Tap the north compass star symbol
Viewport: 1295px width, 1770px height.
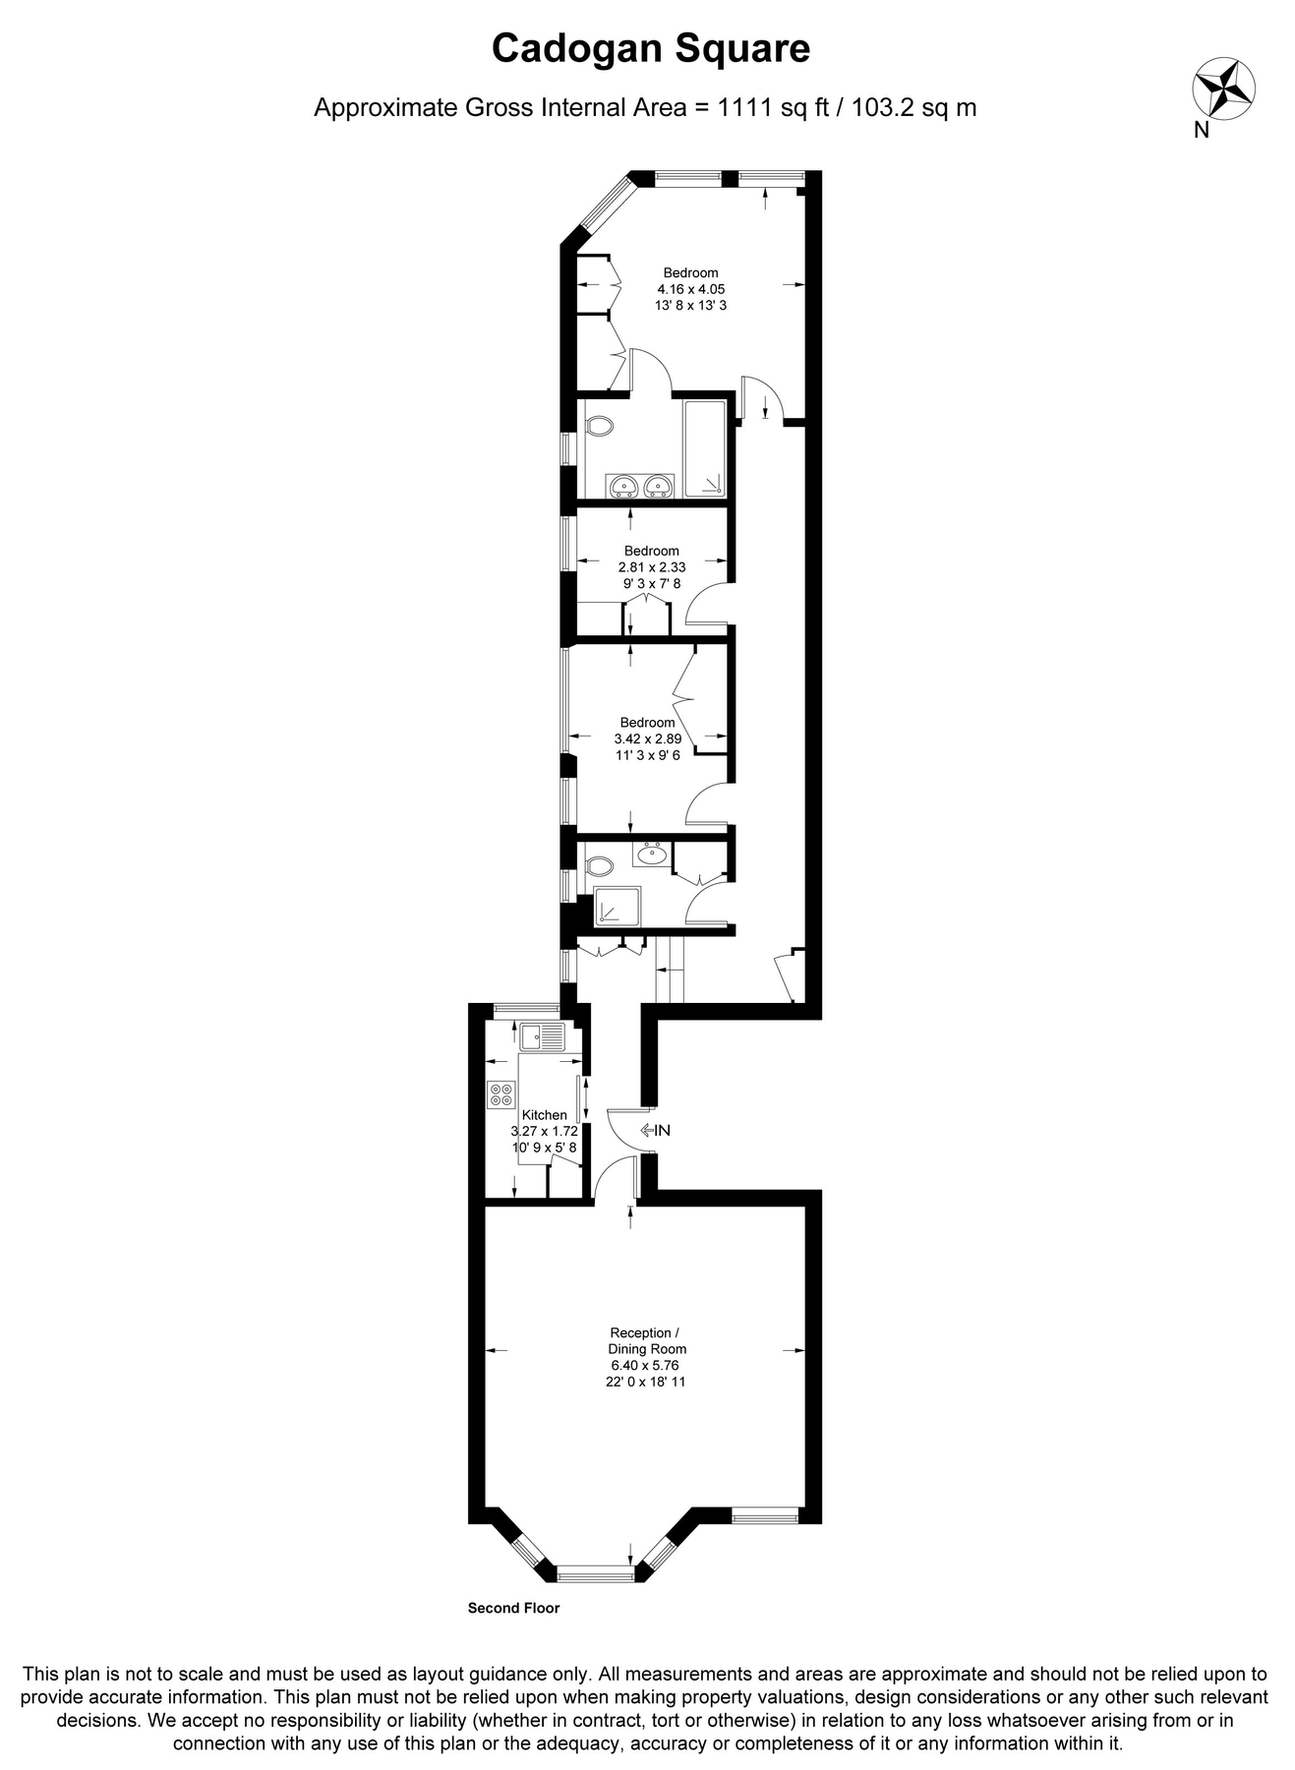click(x=1223, y=89)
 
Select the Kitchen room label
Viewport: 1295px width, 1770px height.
click(x=544, y=1114)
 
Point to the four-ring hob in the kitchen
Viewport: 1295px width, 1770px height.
click(x=501, y=1094)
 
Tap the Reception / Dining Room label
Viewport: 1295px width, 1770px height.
click(x=646, y=1341)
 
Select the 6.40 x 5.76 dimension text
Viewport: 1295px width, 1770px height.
click(x=645, y=1365)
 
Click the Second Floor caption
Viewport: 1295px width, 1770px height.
click(x=513, y=1609)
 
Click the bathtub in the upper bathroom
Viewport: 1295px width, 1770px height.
click(x=705, y=448)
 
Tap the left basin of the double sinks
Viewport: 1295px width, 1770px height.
click(x=622, y=486)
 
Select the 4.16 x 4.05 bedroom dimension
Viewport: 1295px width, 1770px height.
click(x=690, y=289)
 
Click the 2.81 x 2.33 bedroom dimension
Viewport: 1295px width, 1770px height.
click(x=651, y=567)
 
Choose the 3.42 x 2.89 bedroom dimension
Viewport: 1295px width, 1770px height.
click(x=647, y=738)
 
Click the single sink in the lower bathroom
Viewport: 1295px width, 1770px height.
click(x=651, y=855)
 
